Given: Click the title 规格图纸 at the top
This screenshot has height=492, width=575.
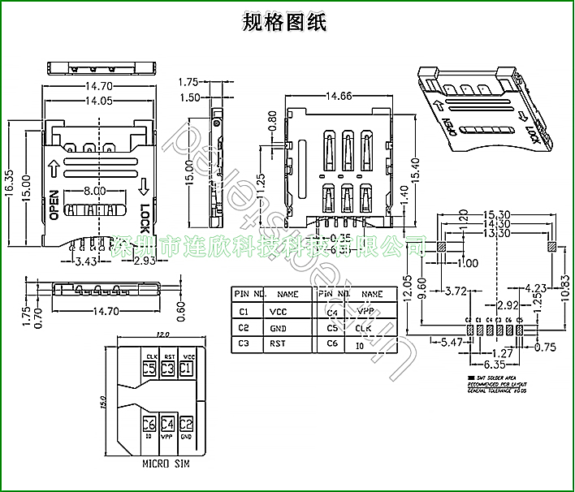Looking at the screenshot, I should [285, 22].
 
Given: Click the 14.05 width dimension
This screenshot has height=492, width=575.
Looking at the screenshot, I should [98, 101].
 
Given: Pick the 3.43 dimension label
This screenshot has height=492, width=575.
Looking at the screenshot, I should [87, 261].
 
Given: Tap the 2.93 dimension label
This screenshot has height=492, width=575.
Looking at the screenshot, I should [145, 261].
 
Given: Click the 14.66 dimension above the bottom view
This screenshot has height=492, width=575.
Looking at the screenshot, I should [339, 96].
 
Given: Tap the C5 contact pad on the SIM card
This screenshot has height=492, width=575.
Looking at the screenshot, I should [149, 369].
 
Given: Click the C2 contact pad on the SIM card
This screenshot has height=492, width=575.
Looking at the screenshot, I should [186, 424].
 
